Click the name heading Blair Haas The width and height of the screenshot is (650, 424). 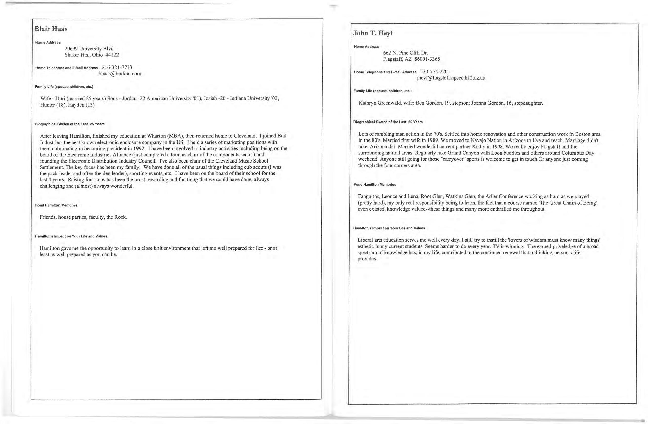51,29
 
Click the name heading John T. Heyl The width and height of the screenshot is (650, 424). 372,33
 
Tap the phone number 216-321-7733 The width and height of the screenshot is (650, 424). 117,67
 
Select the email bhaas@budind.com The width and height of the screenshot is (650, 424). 120,74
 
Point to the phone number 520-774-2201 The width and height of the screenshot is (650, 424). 435,72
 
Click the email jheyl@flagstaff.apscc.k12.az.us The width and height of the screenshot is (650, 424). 451,78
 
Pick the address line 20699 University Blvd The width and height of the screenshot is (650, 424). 89,49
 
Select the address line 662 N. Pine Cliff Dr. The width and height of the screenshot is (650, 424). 405,53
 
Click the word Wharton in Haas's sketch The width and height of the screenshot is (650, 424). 156,136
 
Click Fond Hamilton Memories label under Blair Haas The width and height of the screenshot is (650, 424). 56,205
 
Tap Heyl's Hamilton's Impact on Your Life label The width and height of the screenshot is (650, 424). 389,228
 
